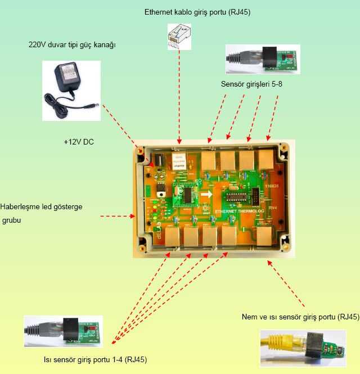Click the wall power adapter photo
[x=71, y=90]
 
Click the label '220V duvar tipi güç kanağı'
[x=72, y=44]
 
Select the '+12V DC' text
[x=79, y=142]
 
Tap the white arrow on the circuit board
[x=208, y=195]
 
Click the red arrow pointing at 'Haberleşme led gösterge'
[x=116, y=215]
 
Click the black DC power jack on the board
[x=159, y=159]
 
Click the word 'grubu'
[x=11, y=220]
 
